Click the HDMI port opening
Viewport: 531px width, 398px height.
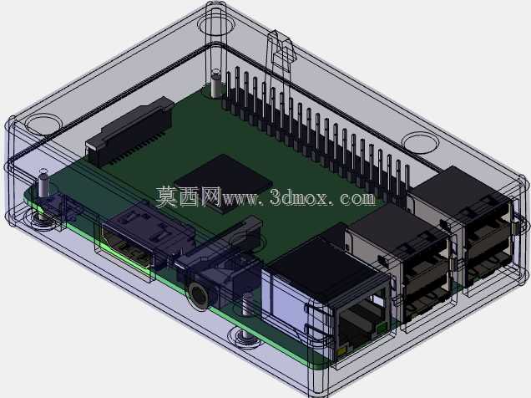126,247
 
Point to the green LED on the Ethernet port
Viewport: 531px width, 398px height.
382,328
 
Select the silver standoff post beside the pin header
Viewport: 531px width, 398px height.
215,83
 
